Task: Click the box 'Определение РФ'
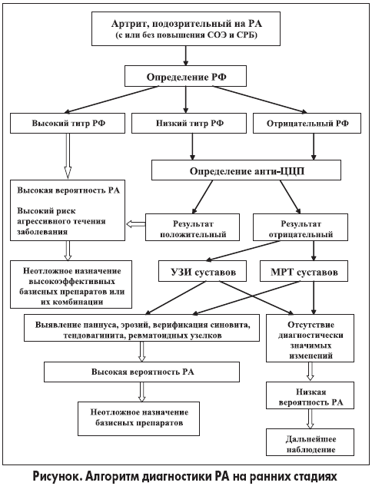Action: pos(185,76)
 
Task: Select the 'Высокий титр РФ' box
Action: pos(68,123)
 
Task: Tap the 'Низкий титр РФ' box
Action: pos(189,123)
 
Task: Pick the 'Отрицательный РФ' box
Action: pos(307,123)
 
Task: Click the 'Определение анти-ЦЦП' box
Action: pos(246,170)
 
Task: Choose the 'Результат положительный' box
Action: pos(192,227)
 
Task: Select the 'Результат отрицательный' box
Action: pos(301,227)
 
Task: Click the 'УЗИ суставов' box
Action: pos(203,271)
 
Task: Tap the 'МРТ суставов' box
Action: pos(304,271)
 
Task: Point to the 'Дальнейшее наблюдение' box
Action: pos(310,442)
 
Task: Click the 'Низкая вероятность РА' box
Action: pos(310,395)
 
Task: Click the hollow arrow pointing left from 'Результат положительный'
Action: pos(136,223)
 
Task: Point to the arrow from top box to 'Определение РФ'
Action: pos(185,56)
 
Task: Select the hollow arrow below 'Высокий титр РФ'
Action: pos(68,156)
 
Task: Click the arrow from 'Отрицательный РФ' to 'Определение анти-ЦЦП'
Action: pos(314,147)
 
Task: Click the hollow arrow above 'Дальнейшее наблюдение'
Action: pos(310,418)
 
